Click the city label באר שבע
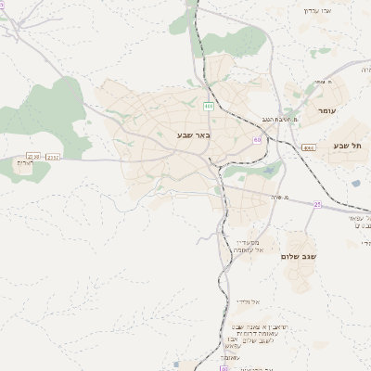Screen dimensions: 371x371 point(195,135)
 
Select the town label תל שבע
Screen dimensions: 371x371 point(347,147)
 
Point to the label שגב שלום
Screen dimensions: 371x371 point(299,255)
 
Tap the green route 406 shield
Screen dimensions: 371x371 point(209,106)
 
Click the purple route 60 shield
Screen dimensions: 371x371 point(257,140)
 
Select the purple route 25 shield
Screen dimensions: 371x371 point(316,204)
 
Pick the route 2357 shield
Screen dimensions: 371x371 point(54,158)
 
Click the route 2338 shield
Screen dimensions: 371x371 point(34,156)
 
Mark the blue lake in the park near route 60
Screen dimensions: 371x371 point(270,170)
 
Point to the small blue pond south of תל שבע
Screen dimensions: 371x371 point(355,183)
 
